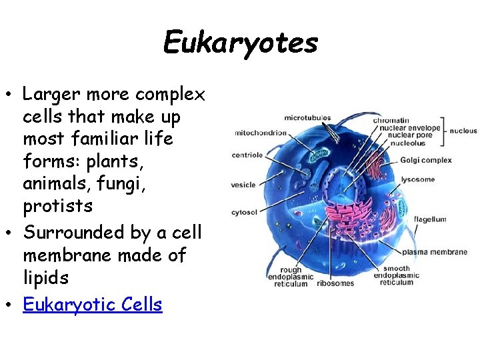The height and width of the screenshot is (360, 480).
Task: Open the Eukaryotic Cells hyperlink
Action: pyautogui.click(x=93, y=305)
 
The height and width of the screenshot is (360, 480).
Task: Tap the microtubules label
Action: pyautogui.click(x=307, y=118)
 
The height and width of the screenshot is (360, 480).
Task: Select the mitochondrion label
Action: pyautogui.click(x=260, y=133)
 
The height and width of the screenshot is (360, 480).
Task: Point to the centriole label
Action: pyautogui.click(x=247, y=155)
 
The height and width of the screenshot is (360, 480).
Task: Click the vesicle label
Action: pyautogui.click(x=243, y=185)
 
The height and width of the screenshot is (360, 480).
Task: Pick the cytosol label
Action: pyautogui.click(x=243, y=213)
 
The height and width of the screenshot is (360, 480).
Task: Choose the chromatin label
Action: pyautogui.click(x=391, y=121)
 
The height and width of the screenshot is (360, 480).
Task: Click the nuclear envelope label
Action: pyautogui.click(x=407, y=128)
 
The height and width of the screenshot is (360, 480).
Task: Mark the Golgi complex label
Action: pyautogui.click(x=425, y=160)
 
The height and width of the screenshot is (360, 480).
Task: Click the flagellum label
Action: pyautogui.click(x=430, y=219)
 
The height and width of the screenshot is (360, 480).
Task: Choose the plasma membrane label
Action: pyautogui.click(x=435, y=252)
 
